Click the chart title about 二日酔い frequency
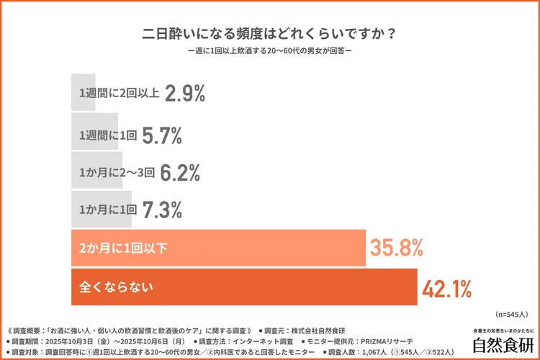[269, 34]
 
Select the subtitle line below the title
[269, 53]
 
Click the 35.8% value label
[395, 248]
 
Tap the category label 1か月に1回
[107, 210]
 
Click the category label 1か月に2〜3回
[116, 171]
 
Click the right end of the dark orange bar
[415, 287]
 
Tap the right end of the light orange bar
[364, 248]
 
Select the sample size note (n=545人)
[512, 315]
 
